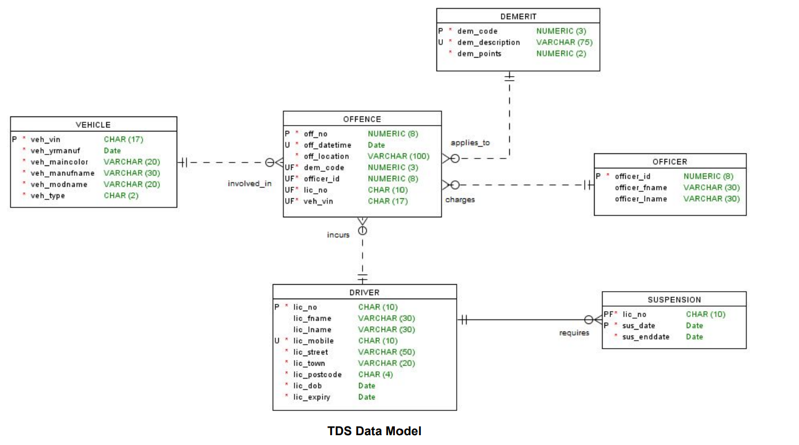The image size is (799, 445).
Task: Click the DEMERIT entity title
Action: tap(518, 17)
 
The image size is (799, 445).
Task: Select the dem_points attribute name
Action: tap(479, 54)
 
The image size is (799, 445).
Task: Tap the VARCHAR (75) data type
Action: tap(564, 42)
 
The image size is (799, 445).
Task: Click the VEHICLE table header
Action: tap(93, 125)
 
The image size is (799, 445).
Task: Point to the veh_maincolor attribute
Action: tap(59, 162)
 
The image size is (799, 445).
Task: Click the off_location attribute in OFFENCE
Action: tap(326, 156)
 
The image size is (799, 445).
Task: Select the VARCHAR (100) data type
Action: tap(398, 156)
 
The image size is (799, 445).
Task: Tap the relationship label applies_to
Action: tap(470, 142)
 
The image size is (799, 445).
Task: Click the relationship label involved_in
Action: tap(249, 184)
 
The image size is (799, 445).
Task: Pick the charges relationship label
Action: tap(460, 200)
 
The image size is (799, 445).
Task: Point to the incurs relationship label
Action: tap(338, 235)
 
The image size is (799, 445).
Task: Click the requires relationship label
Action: tap(574, 333)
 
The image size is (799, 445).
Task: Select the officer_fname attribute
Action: tap(641, 187)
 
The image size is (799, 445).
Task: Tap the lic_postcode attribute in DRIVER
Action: tap(318, 375)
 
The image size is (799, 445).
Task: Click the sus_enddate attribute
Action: tap(646, 337)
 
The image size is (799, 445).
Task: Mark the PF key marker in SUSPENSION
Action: tap(608, 314)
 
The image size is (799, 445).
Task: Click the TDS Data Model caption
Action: tap(374, 431)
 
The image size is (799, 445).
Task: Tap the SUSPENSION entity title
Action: tap(674, 300)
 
